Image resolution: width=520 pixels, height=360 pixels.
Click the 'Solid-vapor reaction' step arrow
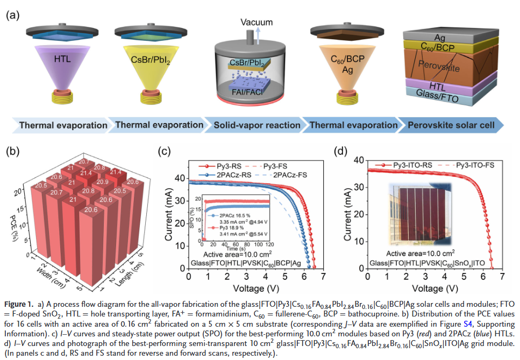click(x=255, y=125)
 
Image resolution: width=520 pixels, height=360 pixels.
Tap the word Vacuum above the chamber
click(x=257, y=22)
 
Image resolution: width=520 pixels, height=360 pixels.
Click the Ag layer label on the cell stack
click(x=439, y=38)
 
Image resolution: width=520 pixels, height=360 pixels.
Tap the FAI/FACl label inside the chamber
click(x=247, y=92)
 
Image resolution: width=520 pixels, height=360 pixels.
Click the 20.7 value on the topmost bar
click(x=84, y=162)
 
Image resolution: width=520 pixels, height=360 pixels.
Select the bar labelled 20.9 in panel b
click(x=103, y=182)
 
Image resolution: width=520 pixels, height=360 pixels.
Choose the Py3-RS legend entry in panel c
click(x=220, y=166)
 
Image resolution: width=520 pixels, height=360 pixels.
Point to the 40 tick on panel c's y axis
click(x=180, y=178)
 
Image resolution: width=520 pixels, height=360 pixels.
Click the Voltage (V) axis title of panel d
click(x=435, y=289)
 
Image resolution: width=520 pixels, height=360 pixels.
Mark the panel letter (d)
click(x=340, y=151)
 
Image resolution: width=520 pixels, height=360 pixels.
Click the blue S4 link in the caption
click(x=468, y=323)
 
